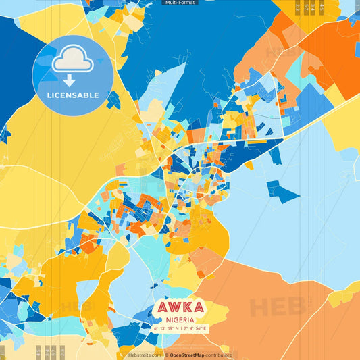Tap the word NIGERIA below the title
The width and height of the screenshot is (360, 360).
[x=180, y=320]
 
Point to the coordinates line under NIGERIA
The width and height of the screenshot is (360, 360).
[x=180, y=329]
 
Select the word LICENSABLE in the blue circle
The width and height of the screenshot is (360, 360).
[x=72, y=95]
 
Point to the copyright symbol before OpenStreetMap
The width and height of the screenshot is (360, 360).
[x=166, y=355]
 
